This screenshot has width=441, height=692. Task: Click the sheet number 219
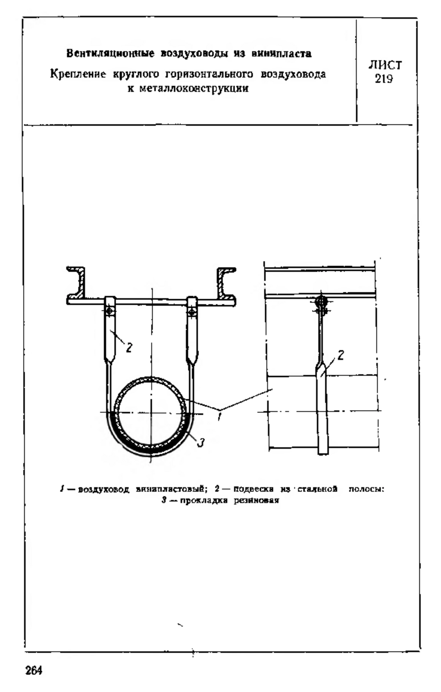pyautogui.click(x=384, y=79)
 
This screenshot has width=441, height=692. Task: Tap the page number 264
pyautogui.click(x=34, y=670)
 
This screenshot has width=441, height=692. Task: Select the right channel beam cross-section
pyautogui.click(x=226, y=285)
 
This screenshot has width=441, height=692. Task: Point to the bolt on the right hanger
pyautogui.click(x=191, y=312)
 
